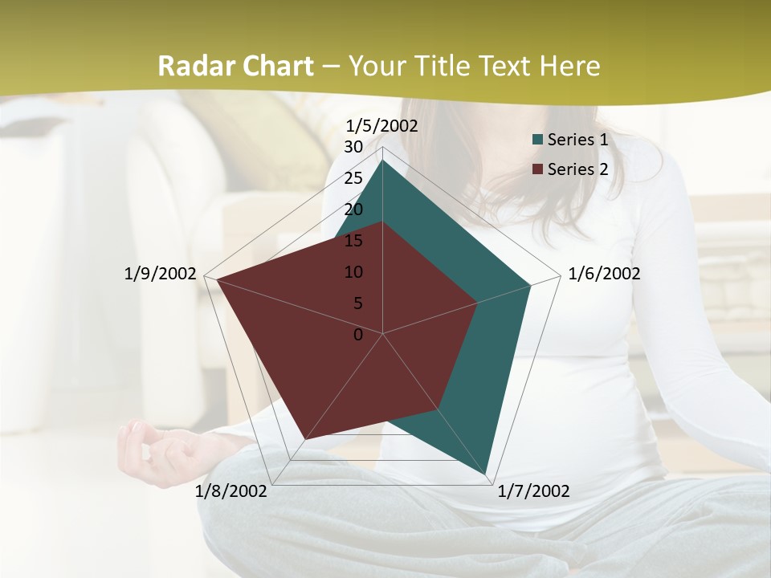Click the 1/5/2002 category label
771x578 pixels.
pos(382,126)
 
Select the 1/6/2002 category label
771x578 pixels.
pos(604,274)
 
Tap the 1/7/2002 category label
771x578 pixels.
pos(533,491)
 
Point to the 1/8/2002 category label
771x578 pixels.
pos(231,491)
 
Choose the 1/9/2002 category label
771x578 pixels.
pos(161,274)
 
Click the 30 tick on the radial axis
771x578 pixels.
pos(353,147)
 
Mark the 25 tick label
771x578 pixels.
pos(353,178)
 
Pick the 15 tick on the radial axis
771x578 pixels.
pos(353,241)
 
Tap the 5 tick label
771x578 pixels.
pos(358,303)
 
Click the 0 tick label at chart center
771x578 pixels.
pos(358,335)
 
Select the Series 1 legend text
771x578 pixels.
pos(577,140)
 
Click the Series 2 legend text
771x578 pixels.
pos(577,169)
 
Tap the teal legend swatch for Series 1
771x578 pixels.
pos(537,140)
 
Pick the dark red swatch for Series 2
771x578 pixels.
pos(537,170)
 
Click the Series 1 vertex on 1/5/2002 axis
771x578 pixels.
pos(383,161)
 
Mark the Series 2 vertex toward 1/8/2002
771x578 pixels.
pos(305,439)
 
